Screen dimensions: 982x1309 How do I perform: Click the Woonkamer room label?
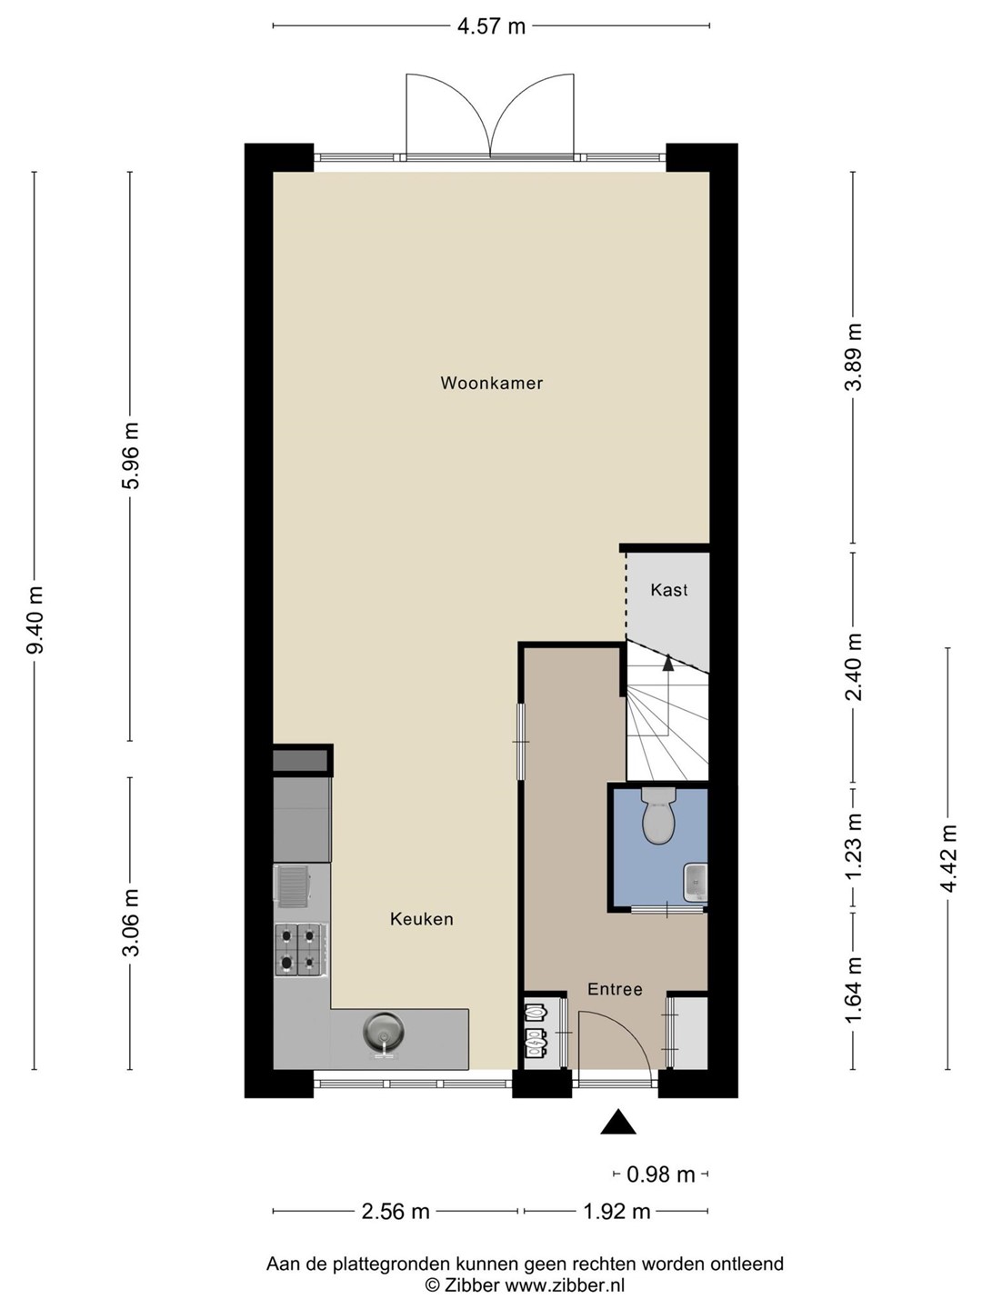pos(491,383)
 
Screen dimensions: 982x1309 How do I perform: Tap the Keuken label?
pos(422,918)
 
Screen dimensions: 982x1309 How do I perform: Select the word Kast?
pos(669,590)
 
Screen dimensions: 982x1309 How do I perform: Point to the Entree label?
pos(615,989)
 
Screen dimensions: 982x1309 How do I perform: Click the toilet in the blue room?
pos(658,814)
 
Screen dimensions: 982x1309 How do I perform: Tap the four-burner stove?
pos(300,948)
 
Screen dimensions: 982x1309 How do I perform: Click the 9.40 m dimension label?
pos(35,620)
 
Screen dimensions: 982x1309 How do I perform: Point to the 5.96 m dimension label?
pos(131,455)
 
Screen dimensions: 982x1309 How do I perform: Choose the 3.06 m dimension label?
pos(131,922)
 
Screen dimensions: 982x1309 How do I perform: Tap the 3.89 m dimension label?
pos(853,356)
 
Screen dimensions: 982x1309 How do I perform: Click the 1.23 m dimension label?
pos(853,845)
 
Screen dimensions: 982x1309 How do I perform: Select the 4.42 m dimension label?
pos(948,857)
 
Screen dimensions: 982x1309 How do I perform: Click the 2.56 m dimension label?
pos(396,1211)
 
